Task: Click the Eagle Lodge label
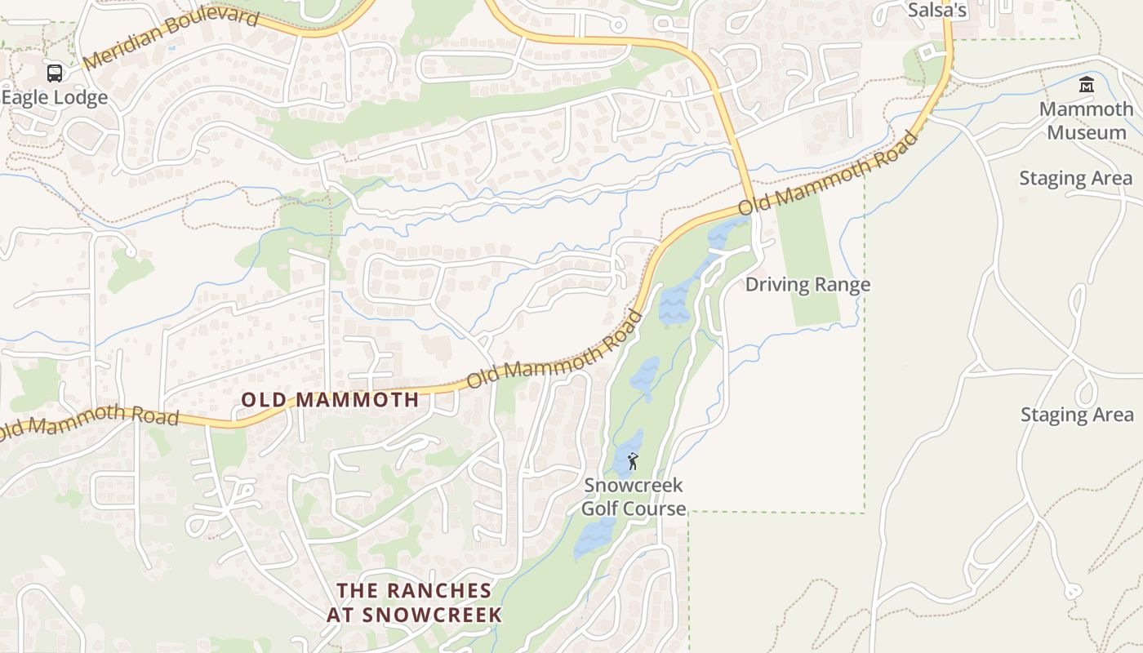54,98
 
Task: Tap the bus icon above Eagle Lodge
55,73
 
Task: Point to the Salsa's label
936,10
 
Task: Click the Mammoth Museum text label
1086,121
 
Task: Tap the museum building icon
1086,84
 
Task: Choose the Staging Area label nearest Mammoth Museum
1075,179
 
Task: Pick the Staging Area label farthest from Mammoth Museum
1077,415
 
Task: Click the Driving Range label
807,285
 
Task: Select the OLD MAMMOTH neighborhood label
331,400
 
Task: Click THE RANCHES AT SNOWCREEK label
415,602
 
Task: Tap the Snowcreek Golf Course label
634,497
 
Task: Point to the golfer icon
633,462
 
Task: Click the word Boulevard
209,25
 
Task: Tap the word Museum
1086,132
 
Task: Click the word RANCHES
438,591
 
